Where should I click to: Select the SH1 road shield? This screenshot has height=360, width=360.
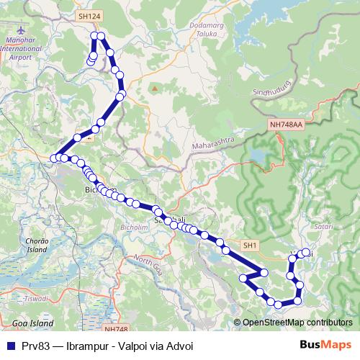(x=250, y=246)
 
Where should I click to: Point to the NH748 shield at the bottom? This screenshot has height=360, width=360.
(x=115, y=328)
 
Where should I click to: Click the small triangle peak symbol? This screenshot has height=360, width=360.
(x=153, y=89)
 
